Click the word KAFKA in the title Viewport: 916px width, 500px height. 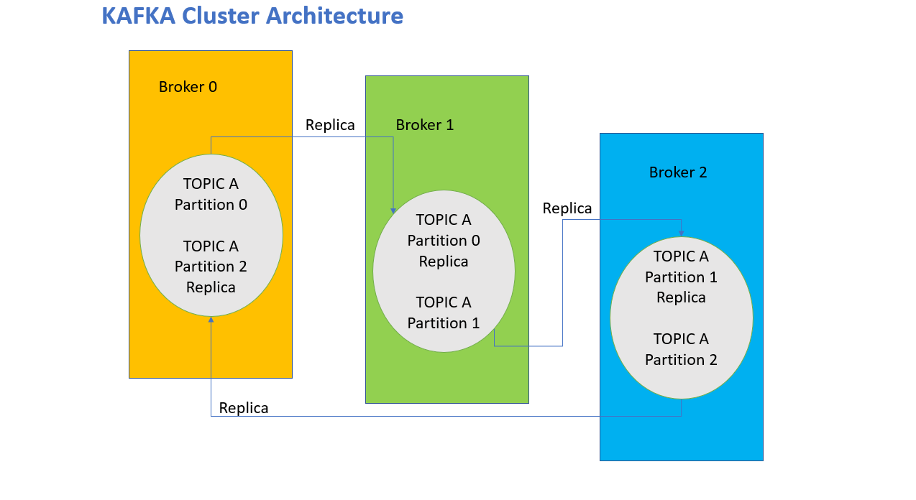pos(139,16)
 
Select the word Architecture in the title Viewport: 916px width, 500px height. pos(335,16)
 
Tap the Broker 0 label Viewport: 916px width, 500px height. pos(188,87)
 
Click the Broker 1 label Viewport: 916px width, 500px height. pos(424,124)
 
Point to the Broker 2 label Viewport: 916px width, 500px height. pos(677,172)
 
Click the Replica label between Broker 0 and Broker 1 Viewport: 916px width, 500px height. pos(330,125)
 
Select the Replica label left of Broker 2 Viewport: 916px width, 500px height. pos(567,208)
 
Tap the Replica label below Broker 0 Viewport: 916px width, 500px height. pos(243,408)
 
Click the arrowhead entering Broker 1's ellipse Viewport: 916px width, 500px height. pos(393,210)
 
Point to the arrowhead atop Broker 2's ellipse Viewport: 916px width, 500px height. pos(682,233)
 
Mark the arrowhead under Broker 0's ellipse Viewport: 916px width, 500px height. pos(211,320)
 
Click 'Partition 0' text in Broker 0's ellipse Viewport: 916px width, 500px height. pos(211,204)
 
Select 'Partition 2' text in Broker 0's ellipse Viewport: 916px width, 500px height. pos(211,267)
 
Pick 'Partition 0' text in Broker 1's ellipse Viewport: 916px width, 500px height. pos(444,240)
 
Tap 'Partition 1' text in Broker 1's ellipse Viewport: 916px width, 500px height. pos(444,323)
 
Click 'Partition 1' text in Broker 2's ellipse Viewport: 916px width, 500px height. pos(681,277)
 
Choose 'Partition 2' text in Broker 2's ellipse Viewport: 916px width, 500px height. pos(681,359)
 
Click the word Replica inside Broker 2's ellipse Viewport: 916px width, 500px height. pos(681,298)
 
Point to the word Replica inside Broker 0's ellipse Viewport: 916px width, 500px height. pos(211,287)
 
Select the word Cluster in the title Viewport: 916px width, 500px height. pos(221,16)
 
